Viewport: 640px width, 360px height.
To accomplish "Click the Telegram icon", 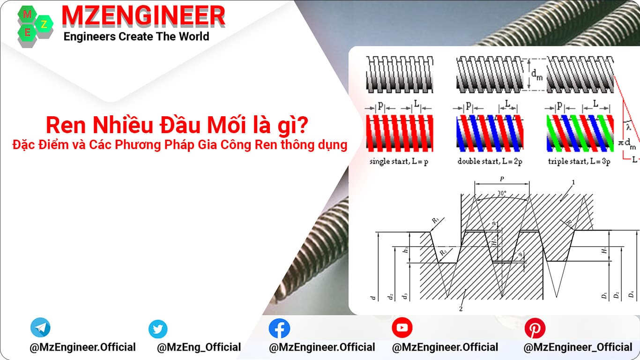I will (x=40, y=328).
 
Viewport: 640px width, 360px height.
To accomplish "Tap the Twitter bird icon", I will (x=158, y=329).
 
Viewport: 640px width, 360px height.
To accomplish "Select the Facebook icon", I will (x=279, y=329).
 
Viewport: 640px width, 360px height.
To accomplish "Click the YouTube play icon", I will (x=402, y=328).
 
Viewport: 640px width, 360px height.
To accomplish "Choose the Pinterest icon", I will (x=534, y=328).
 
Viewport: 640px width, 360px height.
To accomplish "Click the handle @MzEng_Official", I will (x=199, y=347).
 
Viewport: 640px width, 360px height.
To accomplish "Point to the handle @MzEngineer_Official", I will (x=578, y=347).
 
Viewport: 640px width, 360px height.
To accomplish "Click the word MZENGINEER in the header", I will (x=143, y=16).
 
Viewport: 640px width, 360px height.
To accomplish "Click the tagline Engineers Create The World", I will (x=136, y=37).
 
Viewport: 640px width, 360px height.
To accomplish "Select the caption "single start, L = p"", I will (x=399, y=162).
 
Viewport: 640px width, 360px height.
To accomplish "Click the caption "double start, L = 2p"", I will (x=490, y=162).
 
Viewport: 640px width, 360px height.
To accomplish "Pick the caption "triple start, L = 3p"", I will (x=579, y=162).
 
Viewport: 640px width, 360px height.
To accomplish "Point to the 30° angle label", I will (x=502, y=192).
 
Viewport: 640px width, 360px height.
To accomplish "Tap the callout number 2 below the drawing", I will (x=461, y=309).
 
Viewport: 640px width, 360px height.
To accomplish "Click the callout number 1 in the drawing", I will (x=573, y=182).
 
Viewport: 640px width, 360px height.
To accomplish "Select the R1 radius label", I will (x=435, y=219).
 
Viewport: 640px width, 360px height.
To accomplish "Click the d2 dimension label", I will (x=390, y=296).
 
